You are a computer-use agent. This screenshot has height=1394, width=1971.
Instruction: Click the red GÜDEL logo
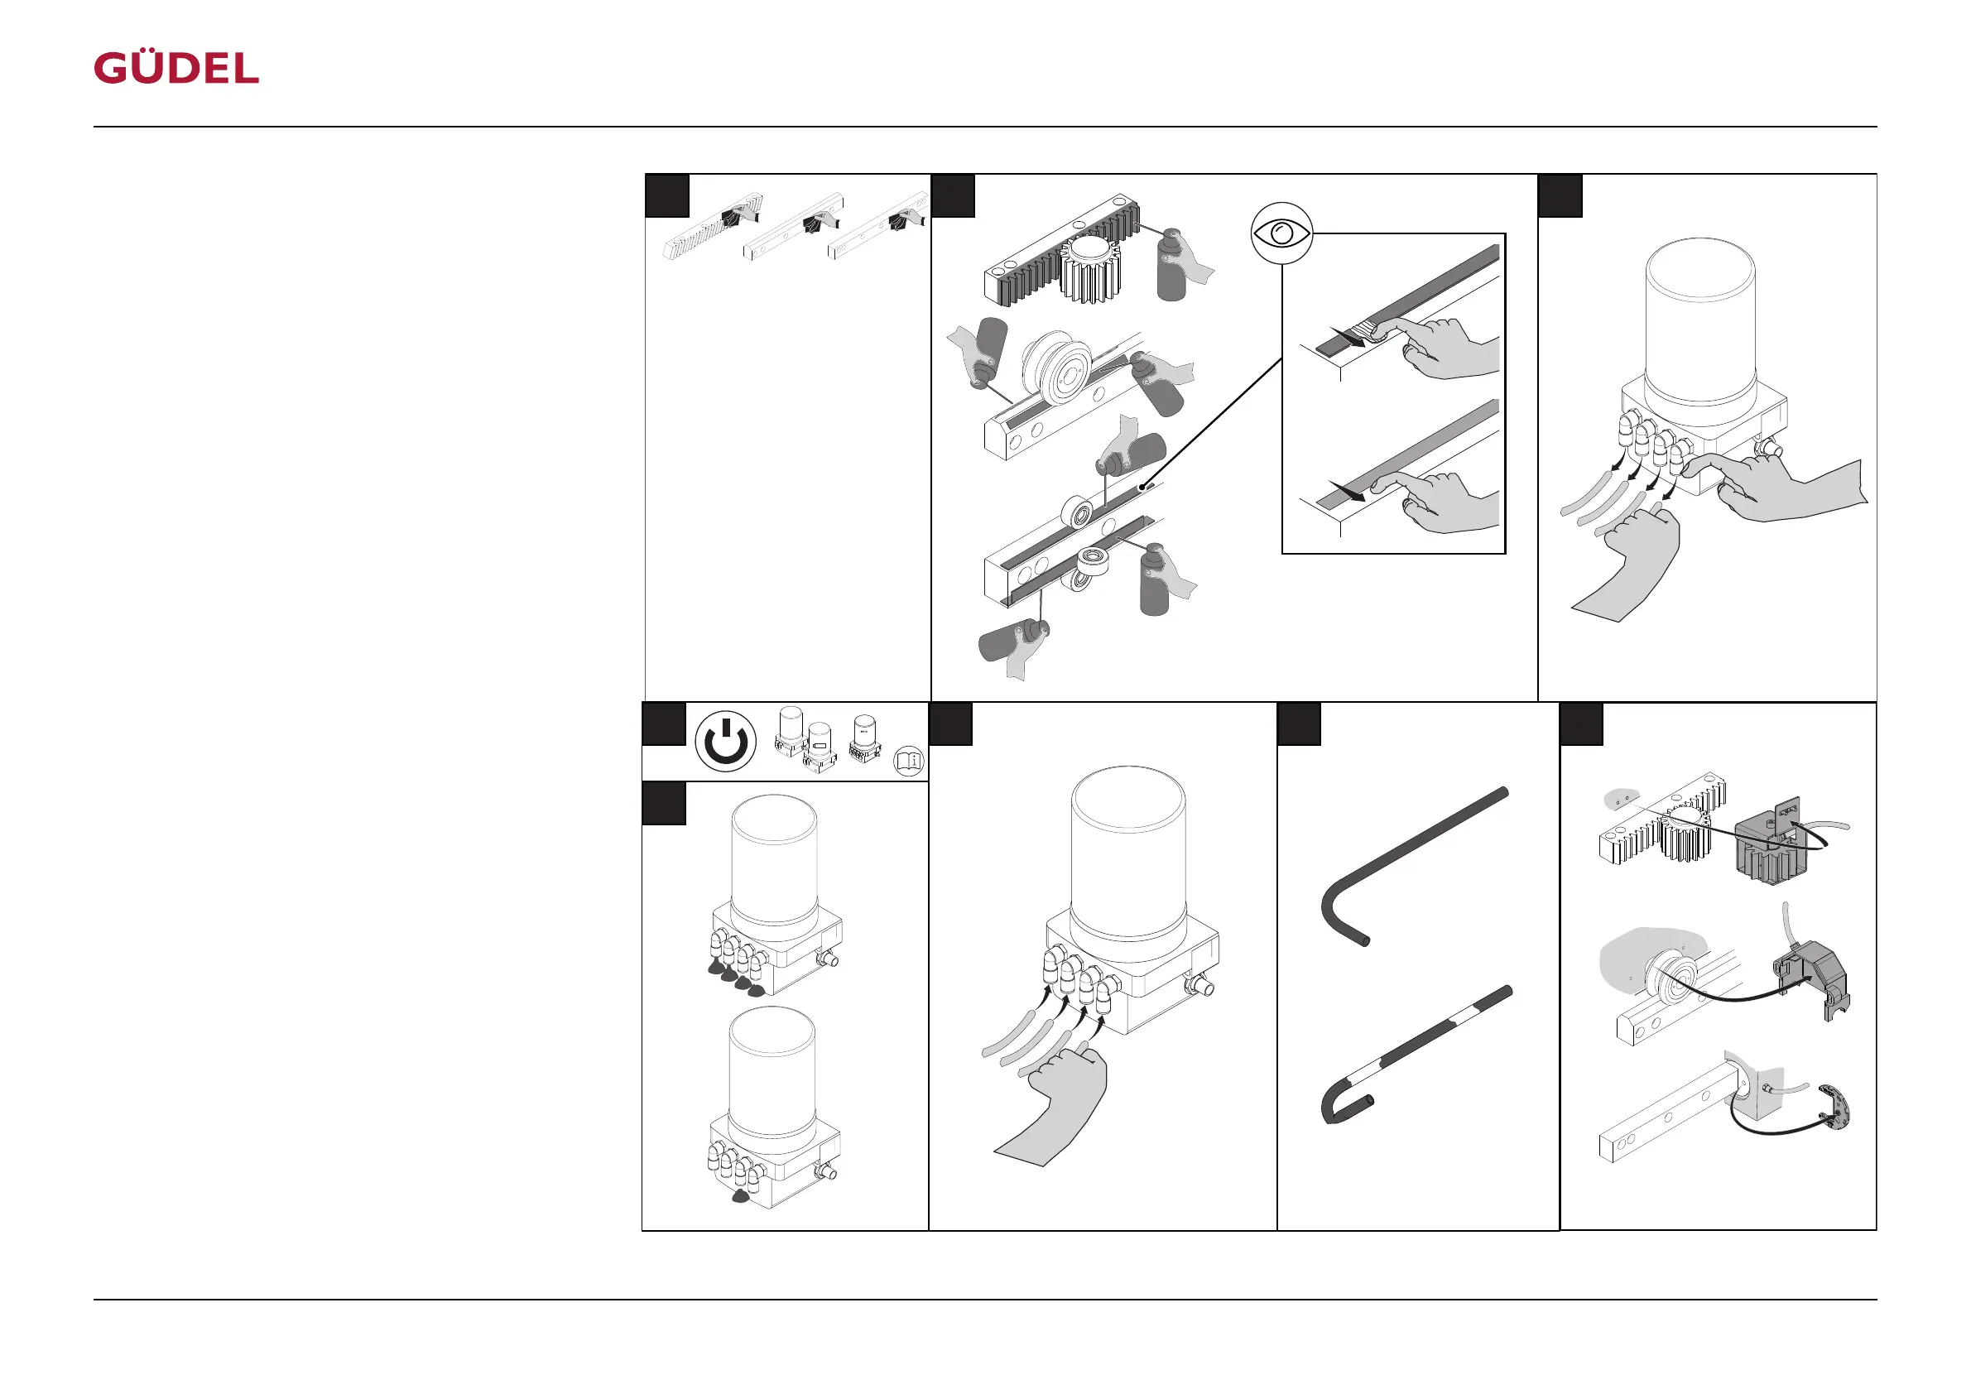point(176,68)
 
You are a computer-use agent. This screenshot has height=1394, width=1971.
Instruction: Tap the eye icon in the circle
point(1281,233)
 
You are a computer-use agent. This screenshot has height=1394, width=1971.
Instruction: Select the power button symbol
point(725,742)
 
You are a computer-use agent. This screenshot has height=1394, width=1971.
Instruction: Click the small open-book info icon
point(908,761)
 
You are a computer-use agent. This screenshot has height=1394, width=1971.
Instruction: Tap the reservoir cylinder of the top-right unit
point(1699,322)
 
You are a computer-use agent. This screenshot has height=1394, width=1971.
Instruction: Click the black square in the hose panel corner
point(1299,724)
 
